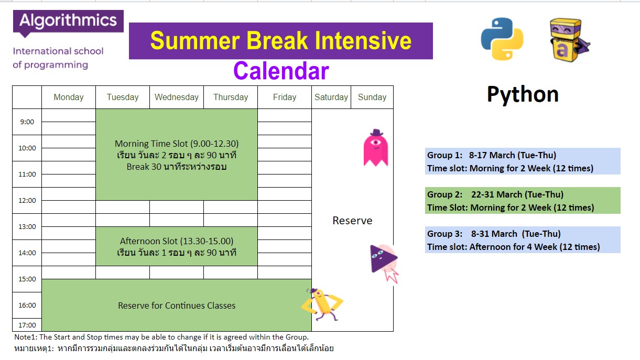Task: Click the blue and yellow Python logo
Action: [x=502, y=39]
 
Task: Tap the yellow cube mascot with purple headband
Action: [x=569, y=40]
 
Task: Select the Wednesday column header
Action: [x=177, y=97]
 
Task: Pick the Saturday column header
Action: [x=331, y=97]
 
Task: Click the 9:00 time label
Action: [x=27, y=122]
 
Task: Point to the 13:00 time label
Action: [x=27, y=226]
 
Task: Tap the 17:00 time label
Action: [x=27, y=325]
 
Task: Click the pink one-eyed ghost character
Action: [x=376, y=148]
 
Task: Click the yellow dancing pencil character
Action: [x=322, y=304]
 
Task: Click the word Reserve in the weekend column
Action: [x=352, y=221]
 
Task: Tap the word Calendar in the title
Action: [x=281, y=71]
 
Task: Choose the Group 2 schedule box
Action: [x=523, y=201]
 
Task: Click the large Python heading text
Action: [x=523, y=94]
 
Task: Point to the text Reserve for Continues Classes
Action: [x=177, y=306]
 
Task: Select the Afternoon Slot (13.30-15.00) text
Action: [x=177, y=241]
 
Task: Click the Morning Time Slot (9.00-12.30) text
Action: [x=177, y=144]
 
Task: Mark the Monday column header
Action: [x=69, y=97]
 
